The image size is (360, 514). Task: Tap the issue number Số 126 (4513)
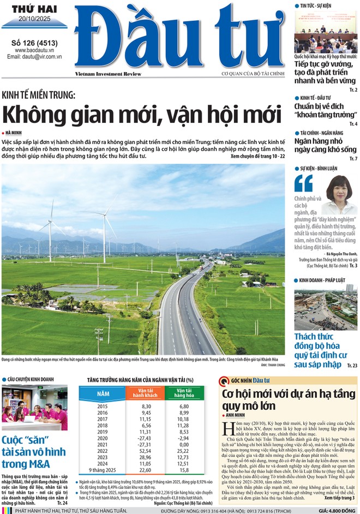point(34,43)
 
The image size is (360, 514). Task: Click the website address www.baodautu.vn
point(34,50)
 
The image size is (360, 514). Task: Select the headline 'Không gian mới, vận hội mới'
point(141,115)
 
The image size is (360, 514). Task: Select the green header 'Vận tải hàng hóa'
point(184,393)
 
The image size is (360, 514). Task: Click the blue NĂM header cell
point(103,393)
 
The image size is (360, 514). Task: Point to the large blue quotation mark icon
point(303,183)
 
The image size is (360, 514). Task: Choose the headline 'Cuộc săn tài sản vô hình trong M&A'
point(34,452)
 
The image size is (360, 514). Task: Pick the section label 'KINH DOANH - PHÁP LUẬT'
point(327,280)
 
